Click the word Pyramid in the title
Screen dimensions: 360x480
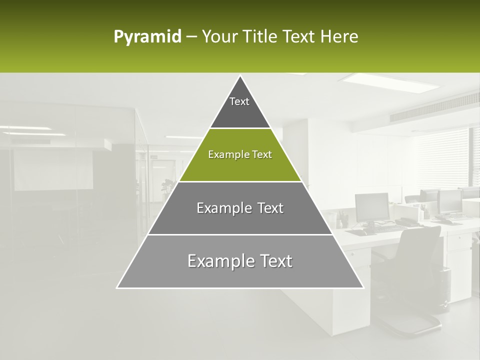click(x=147, y=37)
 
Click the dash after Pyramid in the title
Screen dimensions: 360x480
click(x=191, y=37)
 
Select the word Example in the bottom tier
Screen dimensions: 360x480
click(x=214, y=261)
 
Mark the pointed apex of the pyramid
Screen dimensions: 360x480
click(x=240, y=77)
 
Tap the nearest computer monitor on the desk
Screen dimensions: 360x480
click(x=372, y=206)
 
